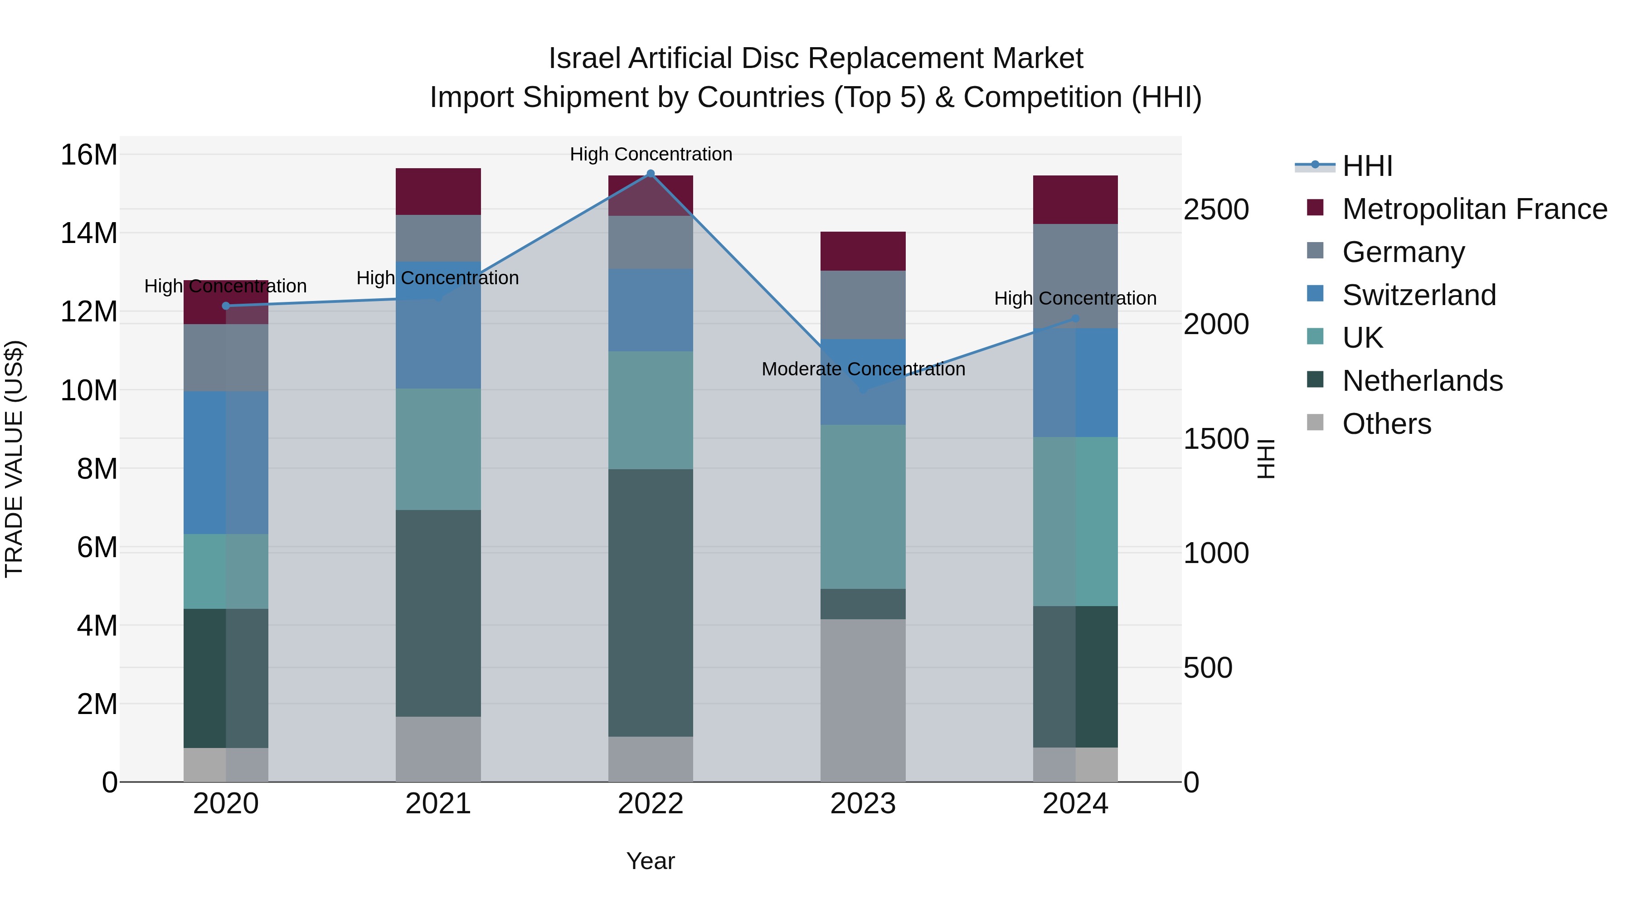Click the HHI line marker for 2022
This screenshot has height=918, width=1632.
tap(650, 174)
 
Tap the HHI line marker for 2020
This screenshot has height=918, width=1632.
tap(226, 306)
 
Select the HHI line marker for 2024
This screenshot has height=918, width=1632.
tap(1075, 319)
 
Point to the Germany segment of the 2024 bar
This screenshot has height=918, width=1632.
tap(1075, 276)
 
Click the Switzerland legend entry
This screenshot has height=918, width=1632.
tap(1418, 295)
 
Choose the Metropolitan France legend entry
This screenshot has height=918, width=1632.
tap(1474, 209)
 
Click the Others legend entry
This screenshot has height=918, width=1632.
tap(1386, 424)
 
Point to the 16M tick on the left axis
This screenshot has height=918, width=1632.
tap(89, 155)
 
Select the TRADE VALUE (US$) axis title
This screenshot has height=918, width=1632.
tap(14, 459)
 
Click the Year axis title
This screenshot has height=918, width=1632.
tap(650, 862)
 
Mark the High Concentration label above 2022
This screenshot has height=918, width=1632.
tap(651, 154)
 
